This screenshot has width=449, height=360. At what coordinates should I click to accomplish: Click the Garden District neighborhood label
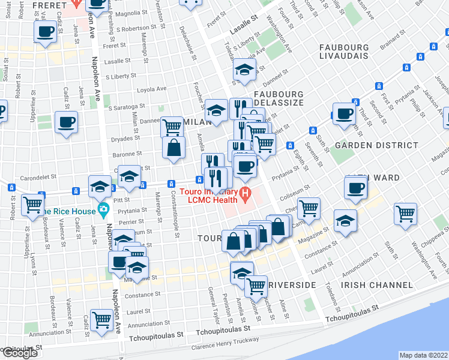click(376, 145)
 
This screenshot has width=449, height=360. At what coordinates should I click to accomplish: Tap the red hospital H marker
click(245, 193)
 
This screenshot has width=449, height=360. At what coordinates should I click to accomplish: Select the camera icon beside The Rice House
click(104, 210)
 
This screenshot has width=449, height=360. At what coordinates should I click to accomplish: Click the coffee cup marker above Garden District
click(345, 113)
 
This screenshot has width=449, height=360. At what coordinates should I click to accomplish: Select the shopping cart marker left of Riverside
click(256, 286)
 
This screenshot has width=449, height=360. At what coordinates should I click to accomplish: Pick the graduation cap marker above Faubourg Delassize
click(244, 70)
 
